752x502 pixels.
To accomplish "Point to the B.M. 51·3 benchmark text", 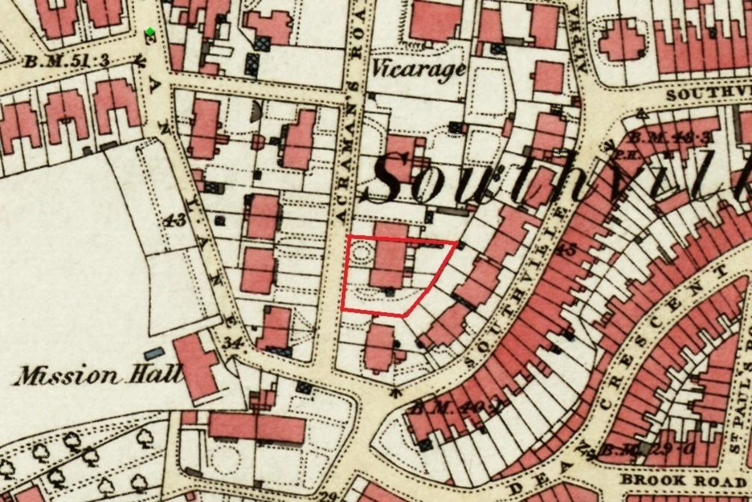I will [67, 62].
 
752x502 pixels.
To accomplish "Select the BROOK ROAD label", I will [683, 480].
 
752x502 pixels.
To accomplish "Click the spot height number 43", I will [176, 221].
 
